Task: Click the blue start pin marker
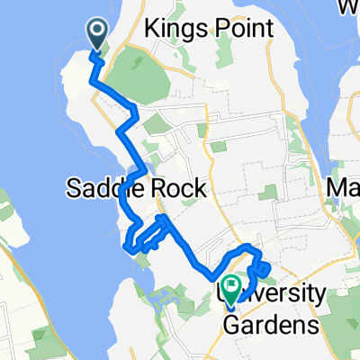click(x=97, y=34)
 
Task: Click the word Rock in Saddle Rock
click(x=168, y=189)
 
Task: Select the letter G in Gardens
click(x=233, y=323)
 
